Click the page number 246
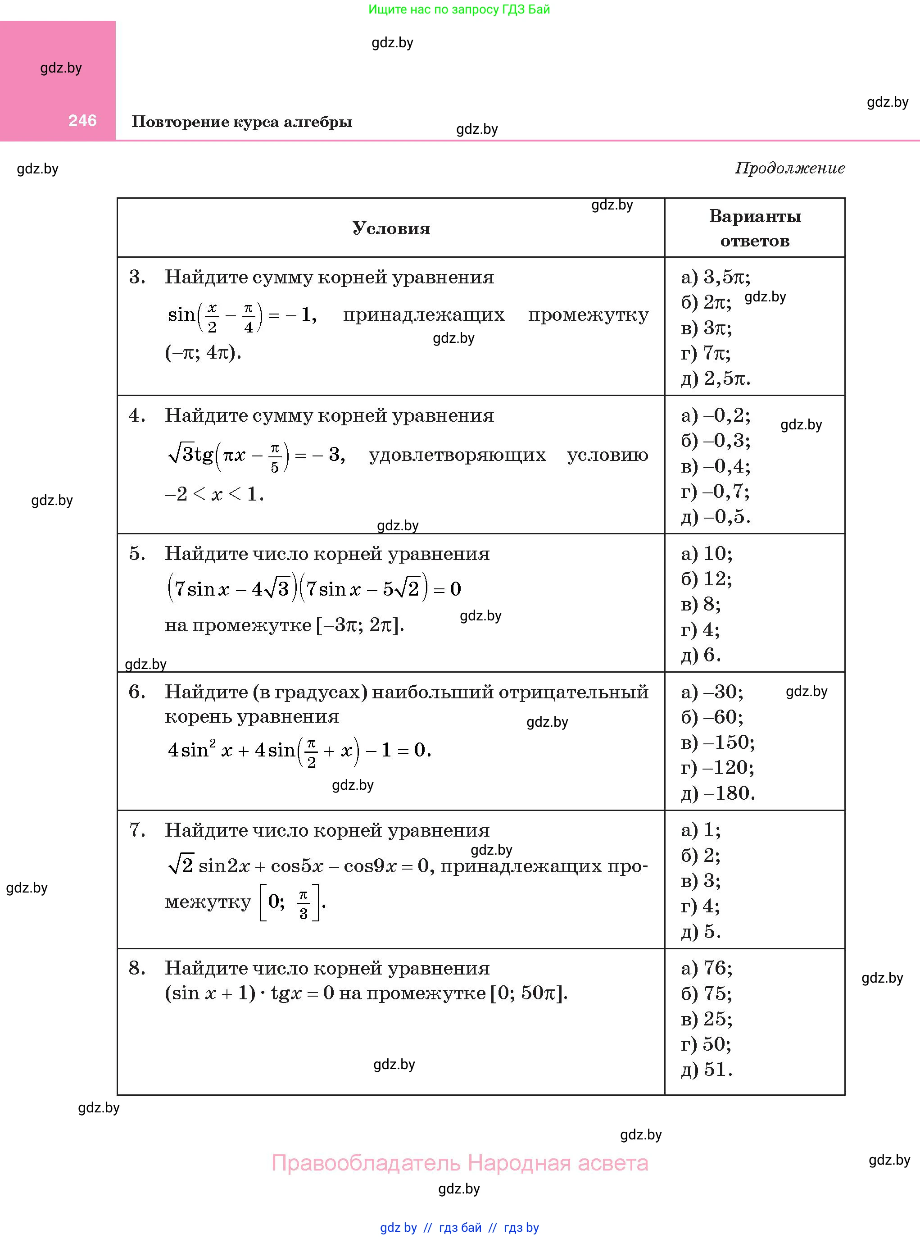pos(82,120)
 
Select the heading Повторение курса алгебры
pos(242,122)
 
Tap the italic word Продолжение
pos(790,168)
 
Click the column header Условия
pos(391,228)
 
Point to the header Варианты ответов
pos(755,228)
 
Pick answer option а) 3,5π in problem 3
pos(716,277)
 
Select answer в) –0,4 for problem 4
pos(716,466)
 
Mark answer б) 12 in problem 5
pos(706,579)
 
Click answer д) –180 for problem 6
pos(718,793)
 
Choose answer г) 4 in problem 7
pos(700,906)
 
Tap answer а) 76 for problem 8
pos(706,968)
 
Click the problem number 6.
pos(136,692)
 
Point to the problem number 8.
pos(136,968)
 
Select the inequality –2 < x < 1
pos(214,494)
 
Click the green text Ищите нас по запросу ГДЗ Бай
pos(459,9)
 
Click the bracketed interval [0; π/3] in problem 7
pos(290,902)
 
